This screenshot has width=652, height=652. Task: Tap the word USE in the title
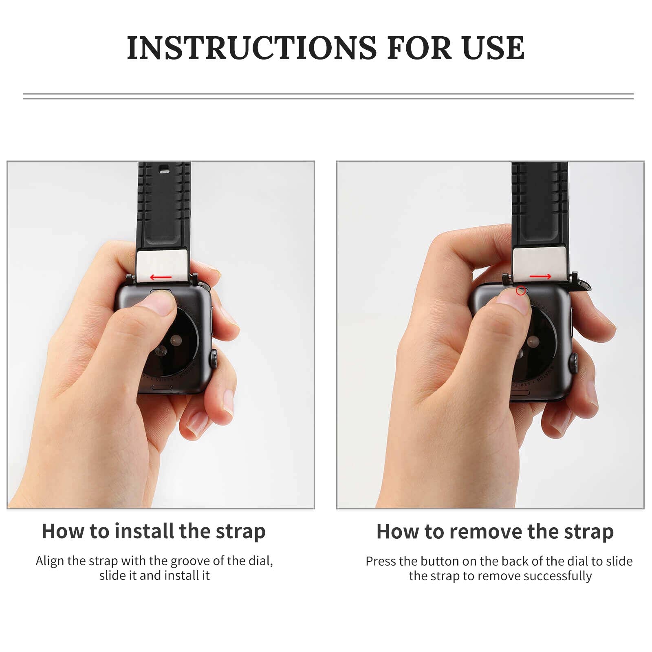coord(493,48)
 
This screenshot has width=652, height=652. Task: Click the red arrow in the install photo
coord(161,278)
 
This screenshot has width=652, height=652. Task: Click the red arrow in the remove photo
coord(540,277)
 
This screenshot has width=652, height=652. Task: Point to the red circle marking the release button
coord(520,291)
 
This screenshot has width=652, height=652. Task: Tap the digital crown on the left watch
coord(214,359)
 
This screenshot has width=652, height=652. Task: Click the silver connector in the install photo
coord(162,265)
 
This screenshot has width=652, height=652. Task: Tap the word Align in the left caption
coord(50,561)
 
